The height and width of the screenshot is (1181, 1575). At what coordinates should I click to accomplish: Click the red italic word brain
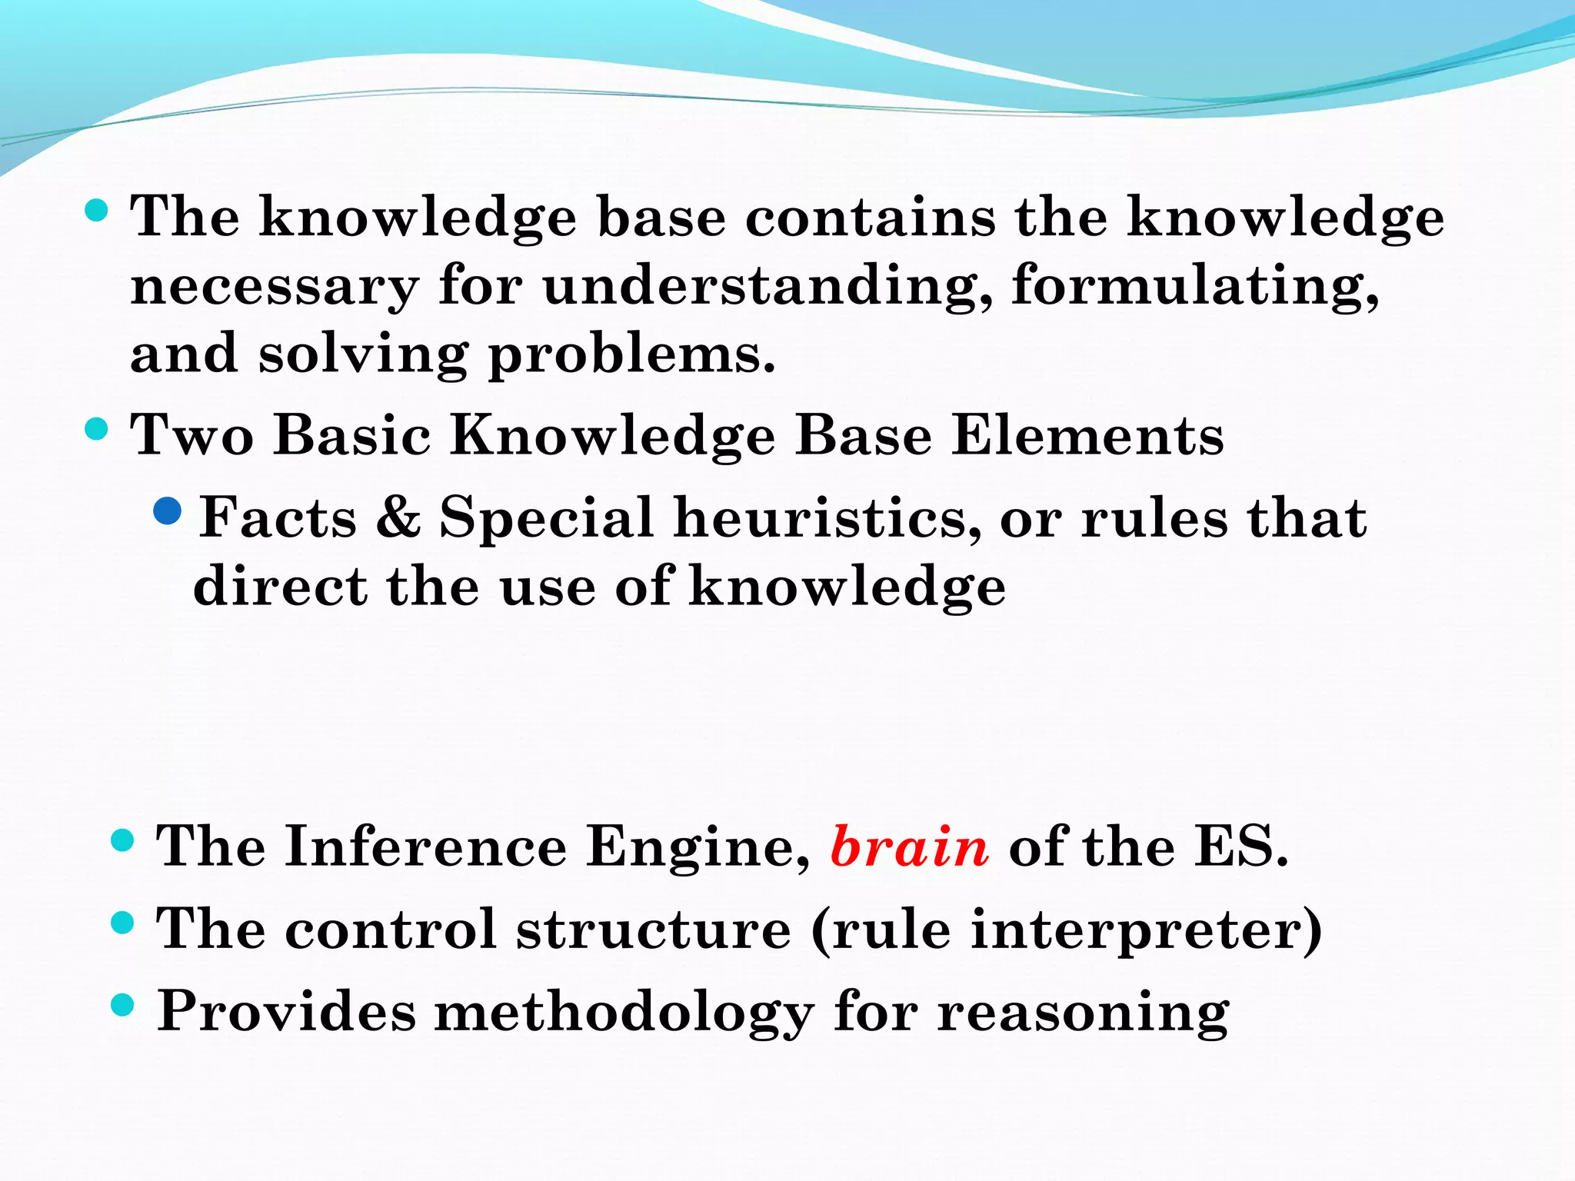point(910,847)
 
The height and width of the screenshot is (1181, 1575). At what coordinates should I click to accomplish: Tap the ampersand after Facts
point(398,517)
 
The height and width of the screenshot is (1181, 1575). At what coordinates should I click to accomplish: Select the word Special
point(547,517)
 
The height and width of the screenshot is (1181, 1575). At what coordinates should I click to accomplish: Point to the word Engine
point(697,847)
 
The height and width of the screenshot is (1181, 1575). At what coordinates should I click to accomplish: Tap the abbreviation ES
point(1240,847)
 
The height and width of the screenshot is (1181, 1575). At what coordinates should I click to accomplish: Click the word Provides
point(286,1011)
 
